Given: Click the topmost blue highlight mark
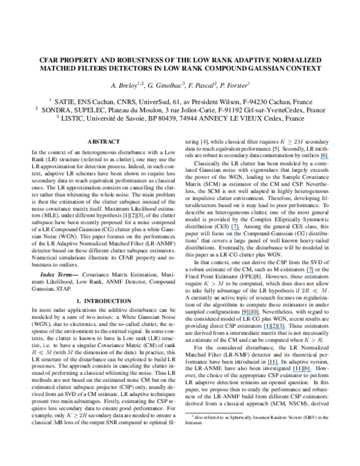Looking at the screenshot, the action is click(325, 159).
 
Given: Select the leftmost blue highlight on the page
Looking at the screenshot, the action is click(236, 230).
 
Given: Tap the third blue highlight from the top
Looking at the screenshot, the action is click(310, 273).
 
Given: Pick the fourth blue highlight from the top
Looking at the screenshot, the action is click(251, 315).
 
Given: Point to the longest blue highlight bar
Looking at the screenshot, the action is click(275, 329).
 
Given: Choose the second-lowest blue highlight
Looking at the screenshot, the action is click(272, 365).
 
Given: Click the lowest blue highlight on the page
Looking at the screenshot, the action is click(302, 372).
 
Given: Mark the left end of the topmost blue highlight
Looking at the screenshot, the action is click(320, 159).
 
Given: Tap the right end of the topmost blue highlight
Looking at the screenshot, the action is click(329, 159).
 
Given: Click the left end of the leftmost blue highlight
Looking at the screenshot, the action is click(232, 230).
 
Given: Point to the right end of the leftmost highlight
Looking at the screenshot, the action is click(240, 230).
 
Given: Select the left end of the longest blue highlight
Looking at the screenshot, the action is click(264, 329).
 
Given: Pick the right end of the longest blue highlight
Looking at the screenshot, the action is click(286, 329).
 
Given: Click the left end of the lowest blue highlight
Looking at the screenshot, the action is click(293, 372).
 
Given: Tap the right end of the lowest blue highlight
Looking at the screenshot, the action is click(311, 372).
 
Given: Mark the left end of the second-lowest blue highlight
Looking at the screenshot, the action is click(267, 365).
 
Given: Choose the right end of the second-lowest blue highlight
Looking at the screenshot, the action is click(278, 365).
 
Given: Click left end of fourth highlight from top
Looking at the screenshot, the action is click(242, 315).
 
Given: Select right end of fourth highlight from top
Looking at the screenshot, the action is click(260, 315).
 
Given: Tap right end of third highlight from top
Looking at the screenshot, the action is click(313, 273).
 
